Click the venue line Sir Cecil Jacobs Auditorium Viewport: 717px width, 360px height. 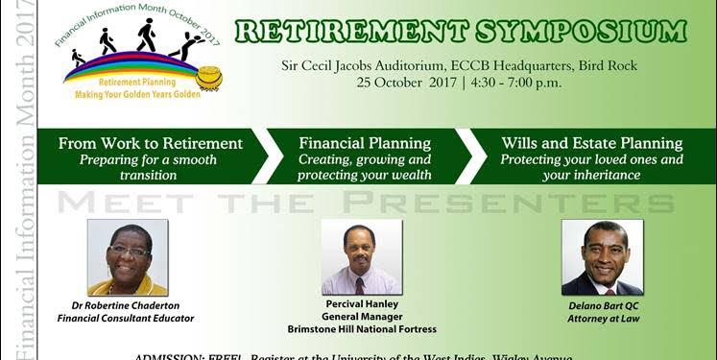(x=378, y=65)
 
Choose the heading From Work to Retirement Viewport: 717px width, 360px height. (x=151, y=143)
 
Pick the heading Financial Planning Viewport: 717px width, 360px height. (x=365, y=143)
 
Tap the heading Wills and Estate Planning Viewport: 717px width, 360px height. (x=591, y=143)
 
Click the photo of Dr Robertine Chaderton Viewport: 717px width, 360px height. (x=128, y=257)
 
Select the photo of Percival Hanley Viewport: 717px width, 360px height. (x=361, y=257)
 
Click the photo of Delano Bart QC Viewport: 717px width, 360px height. (x=602, y=257)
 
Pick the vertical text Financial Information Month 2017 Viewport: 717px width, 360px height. (x=15, y=182)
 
